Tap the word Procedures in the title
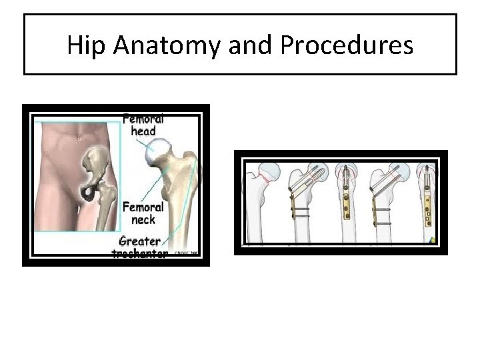coord(347,45)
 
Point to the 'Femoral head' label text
coord(143,125)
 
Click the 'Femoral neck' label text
coord(139,213)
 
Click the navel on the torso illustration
coord(79,139)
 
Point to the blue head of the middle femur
coord(347,170)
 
